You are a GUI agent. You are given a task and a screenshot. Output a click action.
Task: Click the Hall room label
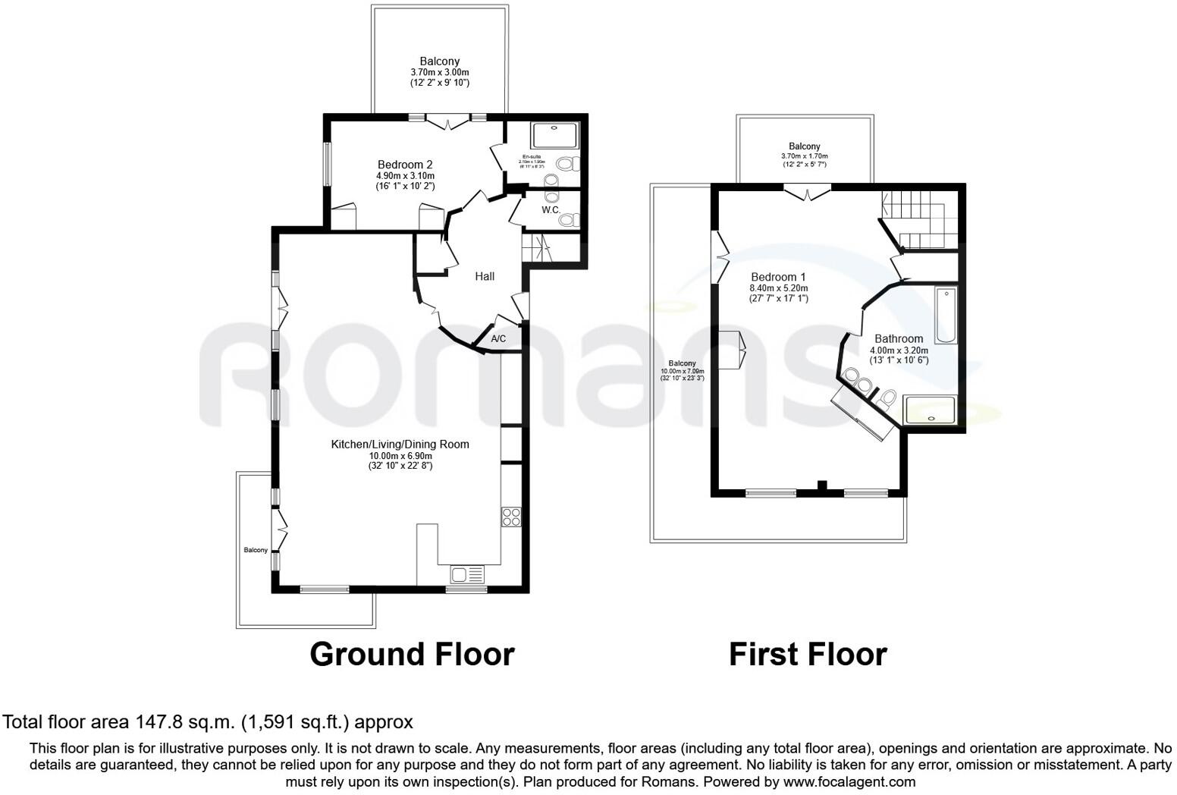click(x=485, y=276)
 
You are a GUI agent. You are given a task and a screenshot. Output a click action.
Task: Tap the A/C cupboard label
click(x=498, y=338)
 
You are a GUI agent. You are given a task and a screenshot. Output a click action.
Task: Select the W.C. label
click(x=551, y=209)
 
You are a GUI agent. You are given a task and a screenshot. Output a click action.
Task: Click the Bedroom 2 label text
click(x=405, y=165)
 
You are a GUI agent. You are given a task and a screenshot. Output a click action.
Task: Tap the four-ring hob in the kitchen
click(x=511, y=517)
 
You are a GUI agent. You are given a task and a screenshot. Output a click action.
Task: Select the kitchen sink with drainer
click(x=467, y=573)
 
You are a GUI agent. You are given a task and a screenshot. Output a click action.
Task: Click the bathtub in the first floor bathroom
click(x=946, y=316)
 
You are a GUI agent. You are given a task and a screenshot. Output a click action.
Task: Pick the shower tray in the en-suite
click(x=555, y=136)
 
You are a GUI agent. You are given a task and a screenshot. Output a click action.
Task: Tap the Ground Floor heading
click(x=412, y=654)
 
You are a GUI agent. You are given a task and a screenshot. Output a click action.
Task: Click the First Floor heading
click(x=808, y=654)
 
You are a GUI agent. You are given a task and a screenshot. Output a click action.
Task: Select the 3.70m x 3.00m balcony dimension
click(x=440, y=72)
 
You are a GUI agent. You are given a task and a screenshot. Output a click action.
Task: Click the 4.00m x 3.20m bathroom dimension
click(x=899, y=350)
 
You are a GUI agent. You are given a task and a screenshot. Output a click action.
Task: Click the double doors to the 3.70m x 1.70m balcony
click(x=807, y=193)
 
